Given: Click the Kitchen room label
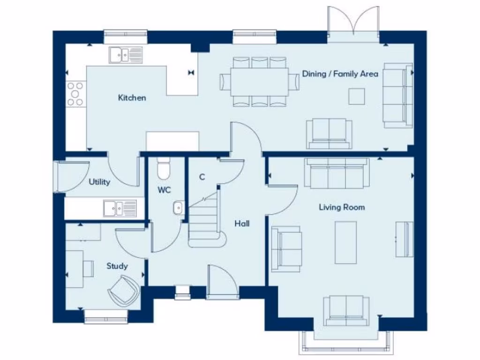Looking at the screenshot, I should pyautogui.click(x=132, y=98).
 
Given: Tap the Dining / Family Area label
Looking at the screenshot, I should pyautogui.click(x=340, y=74).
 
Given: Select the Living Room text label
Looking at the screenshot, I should pyautogui.click(x=342, y=207).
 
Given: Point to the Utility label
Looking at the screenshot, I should pyautogui.click(x=99, y=182).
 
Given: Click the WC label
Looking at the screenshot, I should pyautogui.click(x=164, y=190).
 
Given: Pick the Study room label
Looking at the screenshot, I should pyautogui.click(x=117, y=266).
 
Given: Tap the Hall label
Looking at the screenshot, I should pyautogui.click(x=242, y=224).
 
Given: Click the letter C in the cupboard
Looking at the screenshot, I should pyautogui.click(x=202, y=177).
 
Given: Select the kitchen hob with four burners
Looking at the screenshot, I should pyautogui.click(x=75, y=94).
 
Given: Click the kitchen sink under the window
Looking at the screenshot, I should pyautogui.click(x=126, y=55).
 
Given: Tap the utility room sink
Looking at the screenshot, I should pyautogui.click(x=120, y=208).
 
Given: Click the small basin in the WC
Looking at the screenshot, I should pyautogui.click(x=178, y=207).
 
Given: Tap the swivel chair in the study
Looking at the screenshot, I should pyautogui.click(x=124, y=290).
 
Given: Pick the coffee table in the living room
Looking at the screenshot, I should pyautogui.click(x=346, y=242).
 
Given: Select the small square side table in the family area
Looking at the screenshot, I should pyautogui.click(x=356, y=96).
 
